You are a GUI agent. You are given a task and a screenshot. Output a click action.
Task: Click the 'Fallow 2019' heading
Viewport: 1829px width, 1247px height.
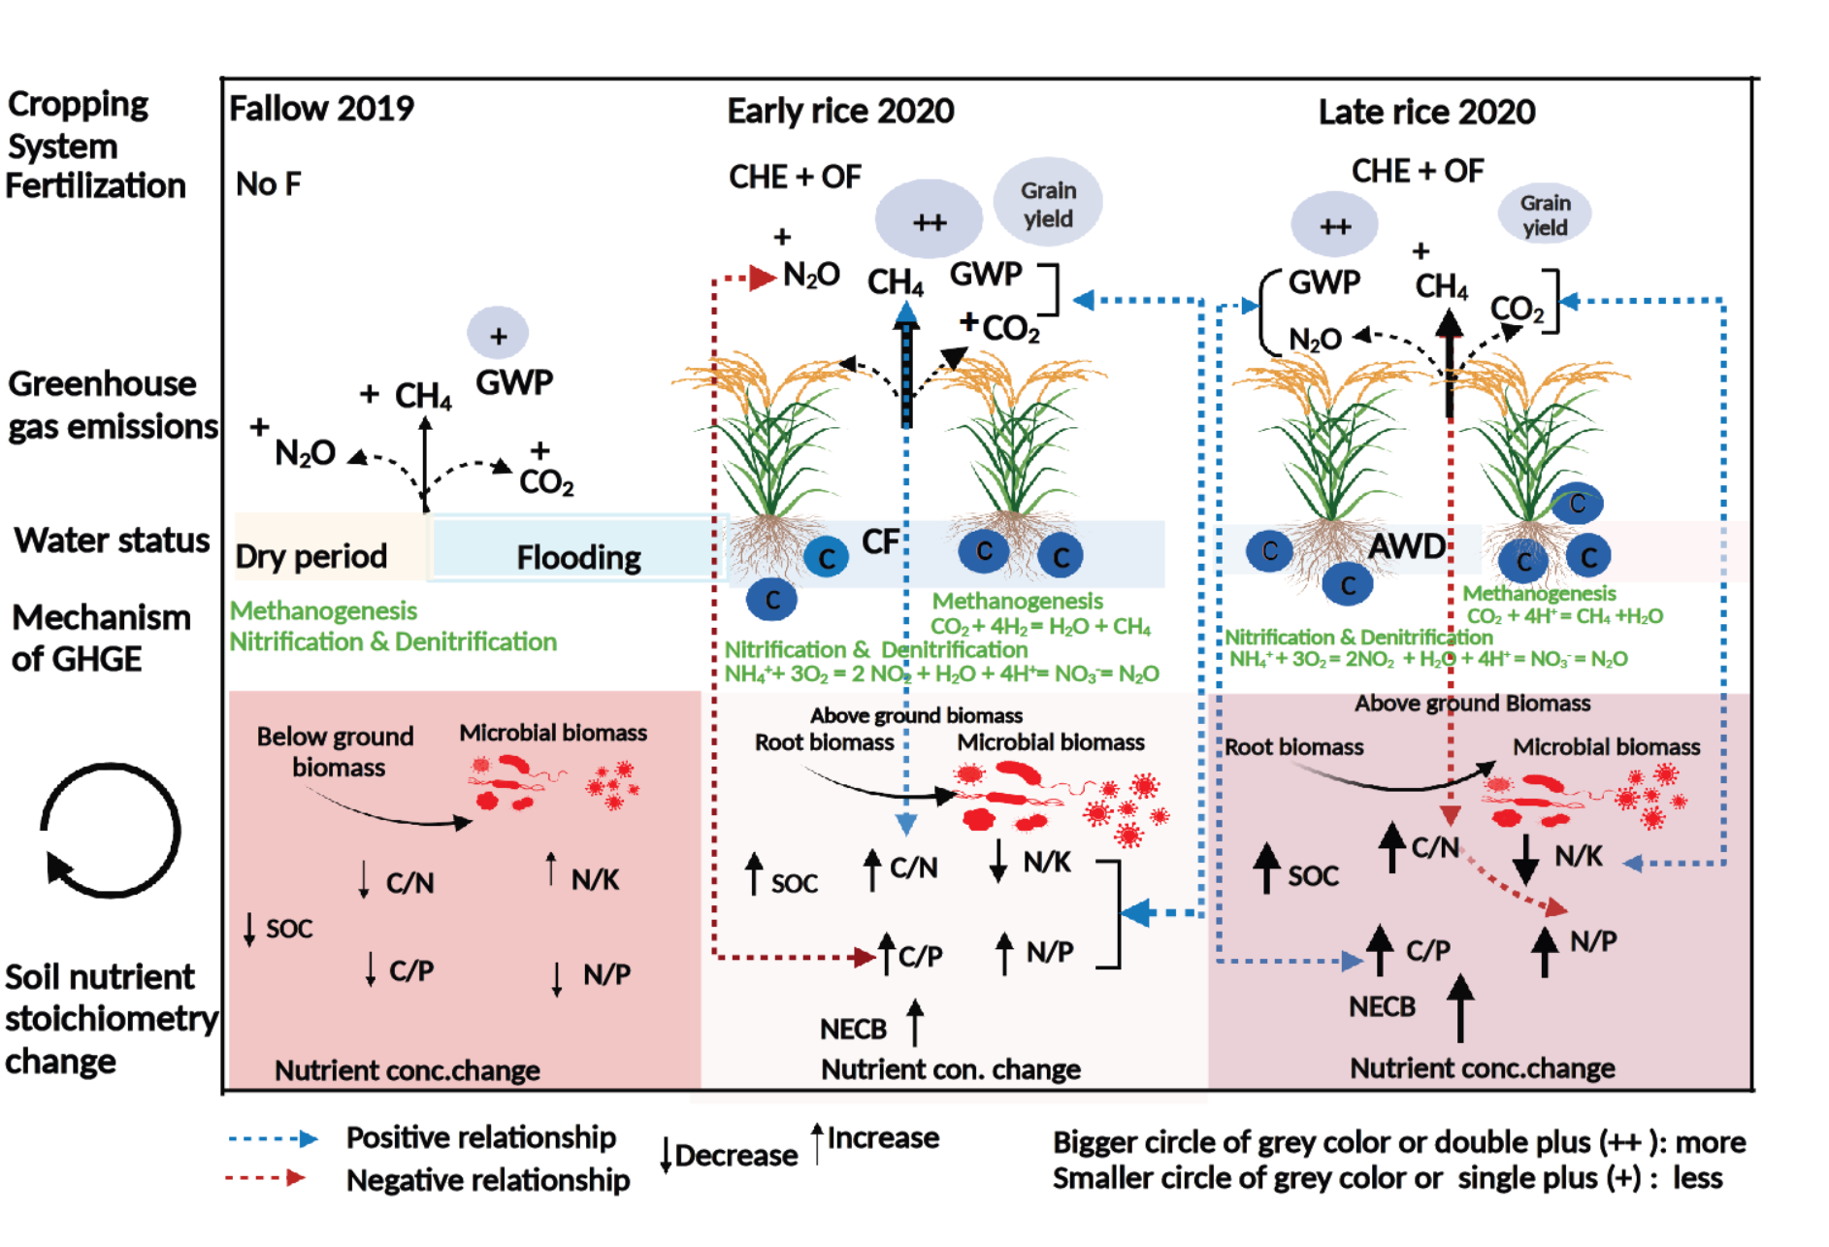pyautogui.click(x=321, y=108)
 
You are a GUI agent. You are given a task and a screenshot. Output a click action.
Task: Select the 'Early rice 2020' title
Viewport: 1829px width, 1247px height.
pyautogui.click(x=840, y=112)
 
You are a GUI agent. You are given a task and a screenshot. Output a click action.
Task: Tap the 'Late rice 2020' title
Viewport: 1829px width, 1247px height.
pyautogui.click(x=1426, y=113)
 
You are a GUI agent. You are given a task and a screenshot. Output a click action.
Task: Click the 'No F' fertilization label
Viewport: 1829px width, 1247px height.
pyautogui.click(x=268, y=183)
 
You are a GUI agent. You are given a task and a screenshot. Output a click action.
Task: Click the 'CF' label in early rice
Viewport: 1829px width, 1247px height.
pyautogui.click(x=880, y=541)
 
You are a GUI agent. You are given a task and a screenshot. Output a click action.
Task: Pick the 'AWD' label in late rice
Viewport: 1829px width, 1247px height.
pyautogui.click(x=1406, y=546)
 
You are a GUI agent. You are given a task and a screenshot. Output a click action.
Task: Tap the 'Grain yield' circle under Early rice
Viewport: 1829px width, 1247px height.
pyautogui.click(x=1048, y=204)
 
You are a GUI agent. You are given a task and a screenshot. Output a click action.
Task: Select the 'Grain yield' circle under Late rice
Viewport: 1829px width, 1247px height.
pyautogui.click(x=1545, y=214)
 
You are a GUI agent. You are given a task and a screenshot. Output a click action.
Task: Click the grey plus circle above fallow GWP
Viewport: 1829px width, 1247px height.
pyautogui.click(x=498, y=335)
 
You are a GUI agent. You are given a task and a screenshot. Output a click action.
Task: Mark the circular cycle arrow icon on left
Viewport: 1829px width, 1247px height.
pyautogui.click(x=110, y=831)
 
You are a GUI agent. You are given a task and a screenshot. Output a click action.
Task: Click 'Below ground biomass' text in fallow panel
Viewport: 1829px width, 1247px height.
pyautogui.click(x=336, y=752)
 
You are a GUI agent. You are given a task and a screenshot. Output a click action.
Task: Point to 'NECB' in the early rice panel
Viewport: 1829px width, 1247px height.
pyautogui.click(x=853, y=1029)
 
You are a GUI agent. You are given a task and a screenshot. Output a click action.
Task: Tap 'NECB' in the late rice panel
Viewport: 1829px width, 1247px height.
pyautogui.click(x=1382, y=1007)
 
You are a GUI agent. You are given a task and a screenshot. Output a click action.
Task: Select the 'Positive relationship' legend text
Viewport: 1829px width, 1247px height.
pyautogui.click(x=480, y=1137)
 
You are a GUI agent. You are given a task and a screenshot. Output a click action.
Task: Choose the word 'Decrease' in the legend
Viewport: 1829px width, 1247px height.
pyautogui.click(x=735, y=1156)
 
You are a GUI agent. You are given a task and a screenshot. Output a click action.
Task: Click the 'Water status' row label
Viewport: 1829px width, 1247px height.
pyautogui.click(x=112, y=540)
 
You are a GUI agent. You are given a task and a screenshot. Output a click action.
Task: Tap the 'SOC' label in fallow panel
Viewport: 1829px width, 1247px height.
pyautogui.click(x=289, y=929)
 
